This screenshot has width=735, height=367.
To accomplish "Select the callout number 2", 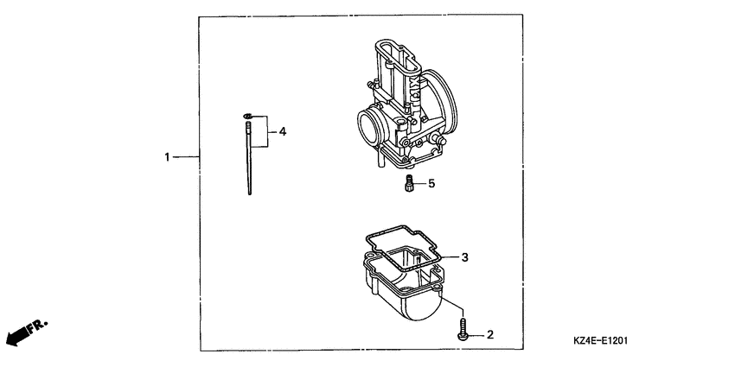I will click(490, 333).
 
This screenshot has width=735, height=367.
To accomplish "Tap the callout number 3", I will click(464, 257).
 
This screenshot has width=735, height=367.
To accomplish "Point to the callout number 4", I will click(282, 132).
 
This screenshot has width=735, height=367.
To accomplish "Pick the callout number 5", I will click(431, 183).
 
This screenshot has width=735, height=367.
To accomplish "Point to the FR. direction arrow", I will click(26, 332).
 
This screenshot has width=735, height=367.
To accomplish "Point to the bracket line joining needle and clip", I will click(266, 132).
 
